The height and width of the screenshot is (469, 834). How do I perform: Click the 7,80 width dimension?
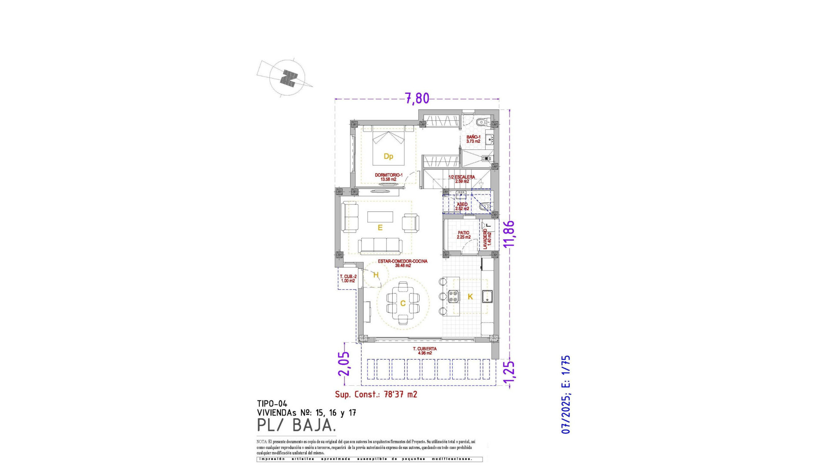[417, 99]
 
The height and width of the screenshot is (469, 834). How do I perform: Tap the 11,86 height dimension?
[509, 234]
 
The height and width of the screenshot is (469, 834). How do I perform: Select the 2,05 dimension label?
[344, 363]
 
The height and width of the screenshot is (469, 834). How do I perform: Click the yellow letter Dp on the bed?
[388, 156]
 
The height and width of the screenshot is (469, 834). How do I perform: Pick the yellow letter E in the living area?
[380, 228]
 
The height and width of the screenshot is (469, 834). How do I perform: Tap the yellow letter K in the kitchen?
[470, 297]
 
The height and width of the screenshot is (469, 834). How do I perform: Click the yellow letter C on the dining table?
[403, 303]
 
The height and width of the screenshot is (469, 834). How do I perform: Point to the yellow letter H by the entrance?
[376, 275]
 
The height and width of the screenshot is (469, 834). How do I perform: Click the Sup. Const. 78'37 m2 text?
[376, 394]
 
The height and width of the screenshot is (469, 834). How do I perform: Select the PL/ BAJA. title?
[296, 425]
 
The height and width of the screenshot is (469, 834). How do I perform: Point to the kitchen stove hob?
[453, 296]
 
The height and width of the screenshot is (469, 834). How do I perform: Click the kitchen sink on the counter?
[487, 296]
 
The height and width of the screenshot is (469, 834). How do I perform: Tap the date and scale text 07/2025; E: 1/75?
[566, 394]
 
